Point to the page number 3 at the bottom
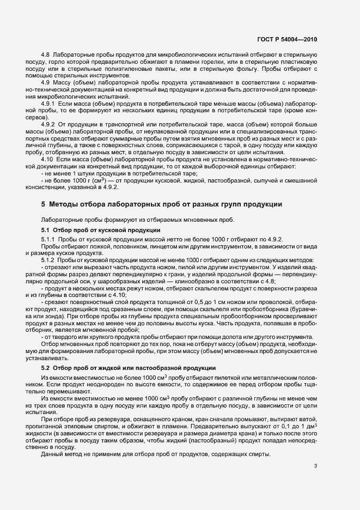pos(316,465)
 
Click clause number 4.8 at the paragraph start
pos(46,56)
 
